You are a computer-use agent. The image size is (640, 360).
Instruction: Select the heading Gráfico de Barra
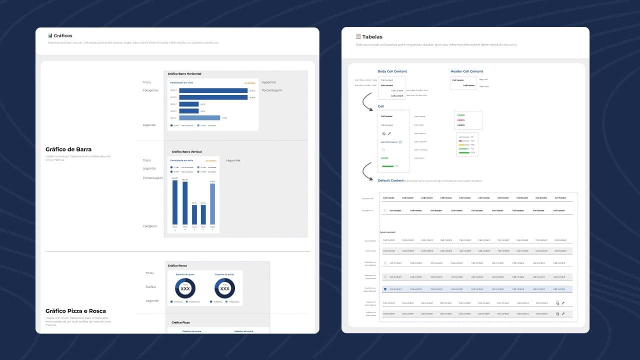(68, 149)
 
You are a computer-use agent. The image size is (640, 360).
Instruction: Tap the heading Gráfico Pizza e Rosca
(75, 311)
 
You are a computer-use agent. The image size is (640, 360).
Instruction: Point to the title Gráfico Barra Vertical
(186, 151)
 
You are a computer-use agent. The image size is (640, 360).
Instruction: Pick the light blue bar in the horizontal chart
(199, 118)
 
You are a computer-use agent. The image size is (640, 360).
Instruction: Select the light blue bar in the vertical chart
(212, 204)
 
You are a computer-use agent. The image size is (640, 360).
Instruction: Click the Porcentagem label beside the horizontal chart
(271, 90)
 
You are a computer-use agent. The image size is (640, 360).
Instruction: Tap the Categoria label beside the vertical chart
(150, 226)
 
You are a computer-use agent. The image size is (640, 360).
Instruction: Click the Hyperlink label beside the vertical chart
(233, 160)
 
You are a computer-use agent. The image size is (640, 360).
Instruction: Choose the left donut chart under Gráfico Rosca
(185, 288)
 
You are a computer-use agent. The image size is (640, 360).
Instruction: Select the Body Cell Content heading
(392, 71)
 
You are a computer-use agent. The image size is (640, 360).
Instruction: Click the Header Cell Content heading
(466, 71)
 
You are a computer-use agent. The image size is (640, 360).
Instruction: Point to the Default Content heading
(390, 180)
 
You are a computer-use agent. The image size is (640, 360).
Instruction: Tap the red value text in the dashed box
(461, 120)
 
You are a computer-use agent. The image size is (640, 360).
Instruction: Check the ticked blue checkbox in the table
(385, 289)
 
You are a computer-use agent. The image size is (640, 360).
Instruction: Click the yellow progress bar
(463, 145)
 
